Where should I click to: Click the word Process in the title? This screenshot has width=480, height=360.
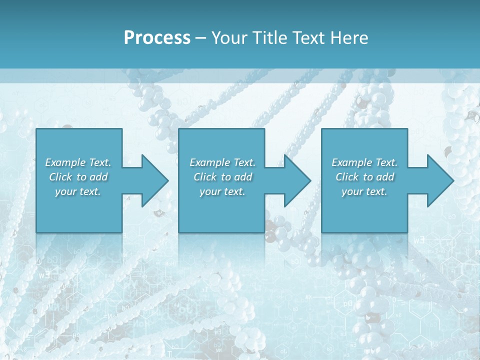pos(157,38)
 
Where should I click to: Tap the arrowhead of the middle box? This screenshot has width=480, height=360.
pos(296,180)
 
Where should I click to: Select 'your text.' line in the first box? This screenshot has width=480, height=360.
pos(78,191)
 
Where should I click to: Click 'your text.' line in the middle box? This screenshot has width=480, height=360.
pos(222,191)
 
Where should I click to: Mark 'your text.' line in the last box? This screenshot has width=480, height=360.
pos(364,191)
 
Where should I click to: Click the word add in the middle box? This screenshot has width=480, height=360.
pos(243,177)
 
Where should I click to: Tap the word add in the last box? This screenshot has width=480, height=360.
pos(385,177)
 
